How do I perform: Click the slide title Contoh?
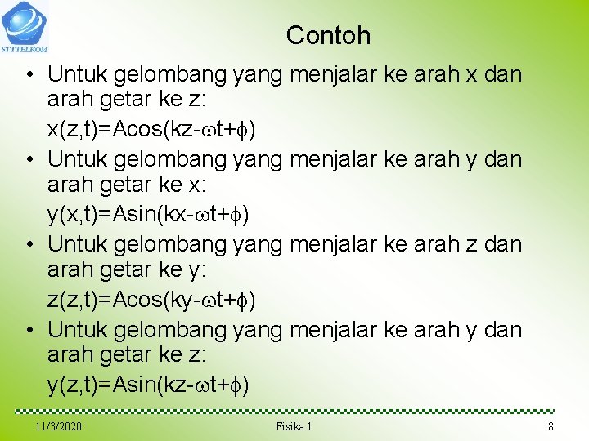pos(328,35)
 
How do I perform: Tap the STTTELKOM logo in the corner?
pos(25,25)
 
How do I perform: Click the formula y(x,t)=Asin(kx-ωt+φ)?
pos(148,214)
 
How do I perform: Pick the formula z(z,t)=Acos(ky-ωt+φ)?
pos(151,300)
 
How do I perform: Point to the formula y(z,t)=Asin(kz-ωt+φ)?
pos(148,385)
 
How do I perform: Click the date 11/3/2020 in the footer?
pos(58,426)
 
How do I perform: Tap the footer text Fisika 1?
pos(294,426)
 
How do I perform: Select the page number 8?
pos(551,426)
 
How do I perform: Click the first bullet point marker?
pos(29,74)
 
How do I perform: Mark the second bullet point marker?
pos(29,159)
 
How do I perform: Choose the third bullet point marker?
pos(29,244)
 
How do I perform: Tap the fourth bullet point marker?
pos(29,330)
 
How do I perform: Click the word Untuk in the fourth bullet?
pos(78,330)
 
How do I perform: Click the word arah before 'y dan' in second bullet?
pos(434,159)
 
